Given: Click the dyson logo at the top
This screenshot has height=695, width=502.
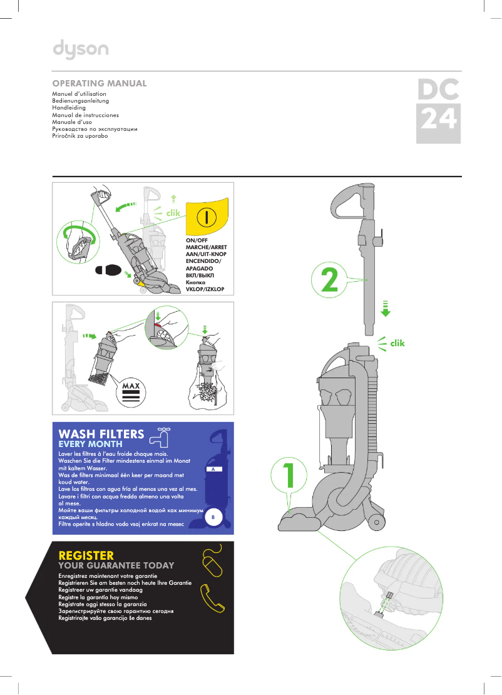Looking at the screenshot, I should [x=80, y=49].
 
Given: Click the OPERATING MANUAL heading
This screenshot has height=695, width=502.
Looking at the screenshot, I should [x=100, y=83].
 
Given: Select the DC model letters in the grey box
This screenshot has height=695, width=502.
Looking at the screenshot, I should [x=438, y=90].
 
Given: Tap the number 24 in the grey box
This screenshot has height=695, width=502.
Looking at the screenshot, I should [x=438, y=119].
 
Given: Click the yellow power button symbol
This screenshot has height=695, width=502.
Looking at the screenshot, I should [x=206, y=217].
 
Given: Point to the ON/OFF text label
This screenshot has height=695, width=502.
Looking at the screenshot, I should [x=197, y=240].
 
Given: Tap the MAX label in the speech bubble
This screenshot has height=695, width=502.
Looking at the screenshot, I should [x=131, y=386].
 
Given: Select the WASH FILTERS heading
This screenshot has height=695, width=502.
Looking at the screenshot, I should [x=101, y=434].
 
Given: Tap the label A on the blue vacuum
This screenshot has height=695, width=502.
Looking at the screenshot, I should [x=213, y=469].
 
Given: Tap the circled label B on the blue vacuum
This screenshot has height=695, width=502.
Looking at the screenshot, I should [x=213, y=518].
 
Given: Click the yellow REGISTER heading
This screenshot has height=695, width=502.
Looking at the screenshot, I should [x=86, y=555].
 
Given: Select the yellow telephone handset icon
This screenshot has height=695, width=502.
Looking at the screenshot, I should [x=212, y=599].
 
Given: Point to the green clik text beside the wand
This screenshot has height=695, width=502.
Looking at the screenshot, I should [x=397, y=343].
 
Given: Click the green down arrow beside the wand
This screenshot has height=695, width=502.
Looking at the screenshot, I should [x=386, y=309].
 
